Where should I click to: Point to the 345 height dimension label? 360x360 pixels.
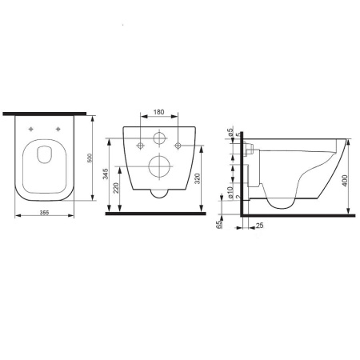108,175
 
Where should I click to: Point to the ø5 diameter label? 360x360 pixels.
230,133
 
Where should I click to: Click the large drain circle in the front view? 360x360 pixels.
160,167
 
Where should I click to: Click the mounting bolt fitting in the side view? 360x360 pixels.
250,147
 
